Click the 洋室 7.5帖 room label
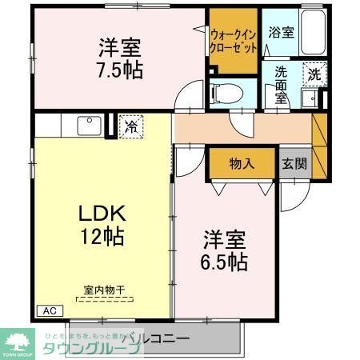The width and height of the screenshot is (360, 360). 121,57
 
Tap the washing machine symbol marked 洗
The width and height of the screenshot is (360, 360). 315,73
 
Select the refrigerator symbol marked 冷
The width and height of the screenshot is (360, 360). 129,126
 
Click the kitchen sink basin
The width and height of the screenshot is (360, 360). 86,126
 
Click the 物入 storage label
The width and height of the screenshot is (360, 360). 242,163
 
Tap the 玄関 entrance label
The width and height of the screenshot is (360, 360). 293,163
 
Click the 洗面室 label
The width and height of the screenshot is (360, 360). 281,82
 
